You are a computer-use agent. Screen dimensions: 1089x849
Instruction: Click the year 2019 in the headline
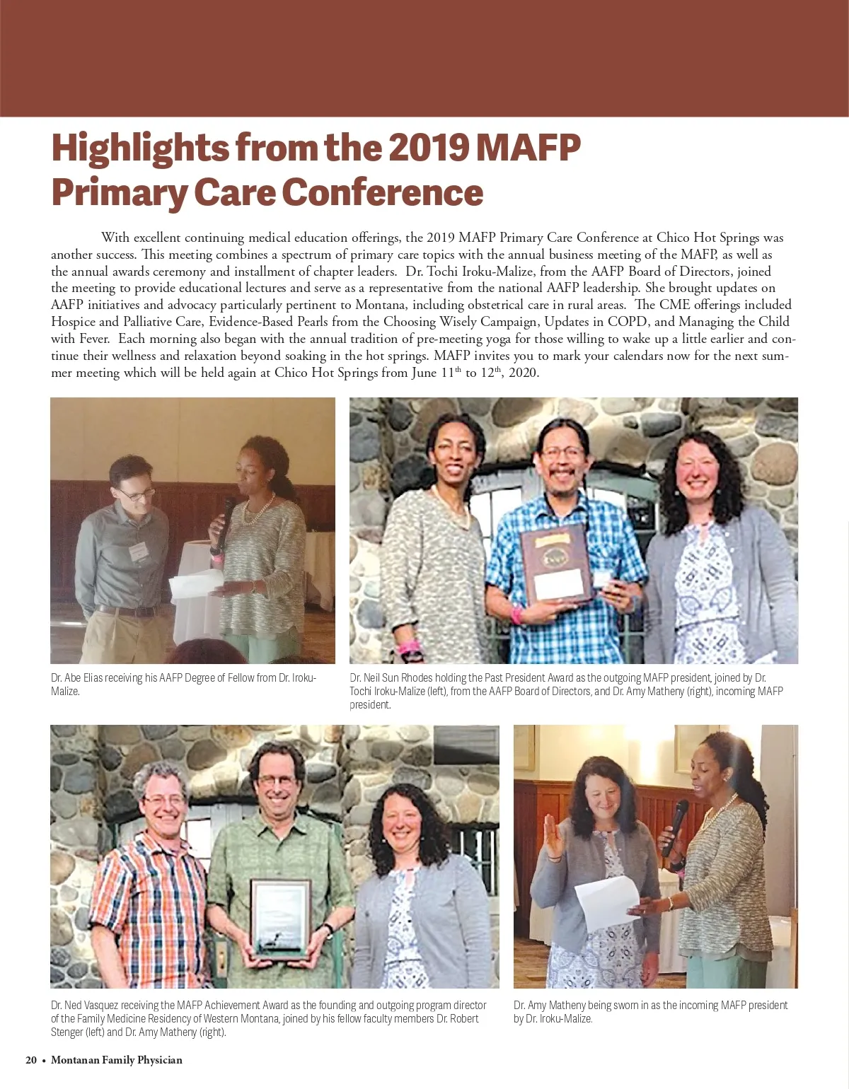tap(427, 148)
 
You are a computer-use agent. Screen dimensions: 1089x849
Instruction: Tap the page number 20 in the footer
tap(31, 1060)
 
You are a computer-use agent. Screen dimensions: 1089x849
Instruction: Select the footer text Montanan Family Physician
tap(117, 1060)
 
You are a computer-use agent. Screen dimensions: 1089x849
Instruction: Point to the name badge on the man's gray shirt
tap(139, 551)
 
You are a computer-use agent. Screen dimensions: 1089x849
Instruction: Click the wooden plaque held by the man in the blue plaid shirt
tap(555, 564)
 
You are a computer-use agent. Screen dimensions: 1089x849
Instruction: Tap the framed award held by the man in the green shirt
tap(281, 917)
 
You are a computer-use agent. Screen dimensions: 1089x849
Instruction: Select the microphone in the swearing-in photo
tap(676, 824)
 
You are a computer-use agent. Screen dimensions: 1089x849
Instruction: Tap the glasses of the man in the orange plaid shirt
tap(164, 800)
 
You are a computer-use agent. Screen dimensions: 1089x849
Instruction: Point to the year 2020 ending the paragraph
tap(523, 373)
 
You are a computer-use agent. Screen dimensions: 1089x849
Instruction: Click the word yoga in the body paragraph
tap(498, 339)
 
